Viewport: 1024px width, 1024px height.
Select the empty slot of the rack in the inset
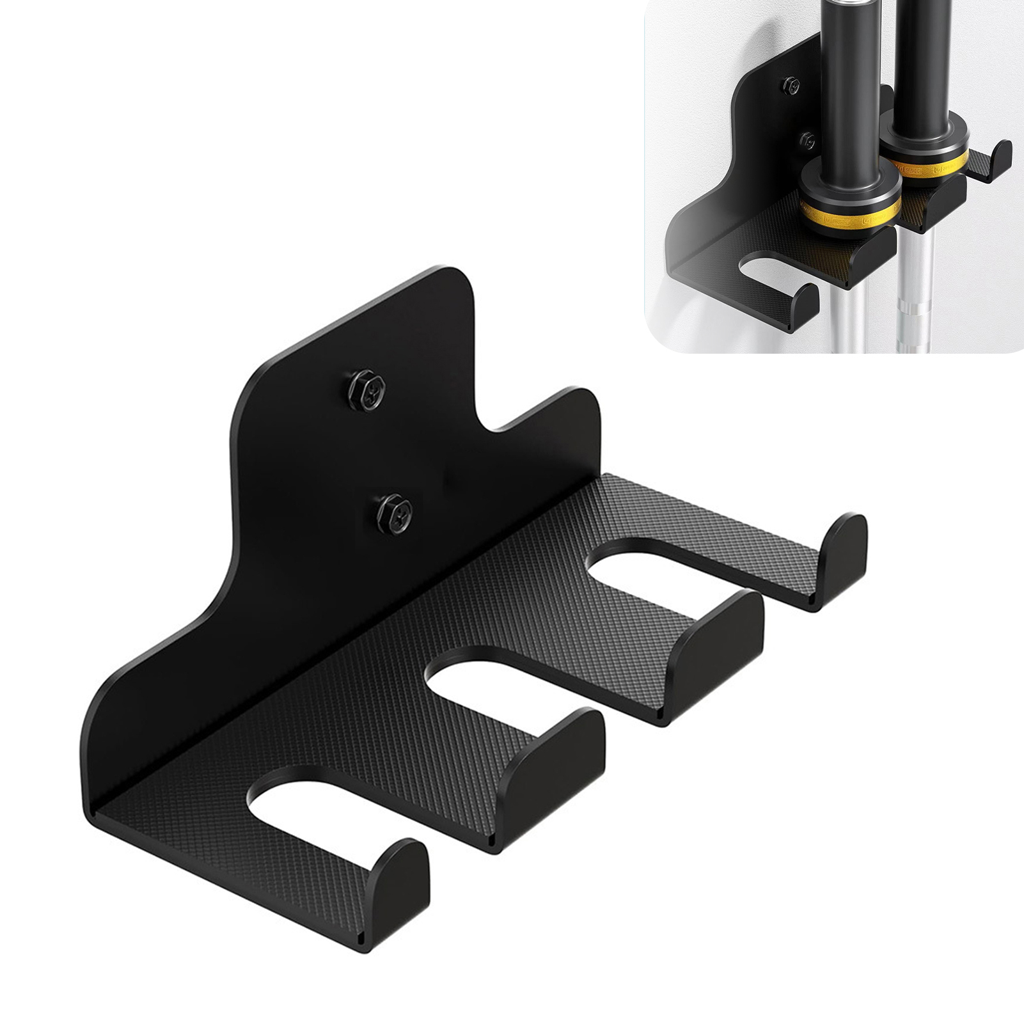pos(771,272)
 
